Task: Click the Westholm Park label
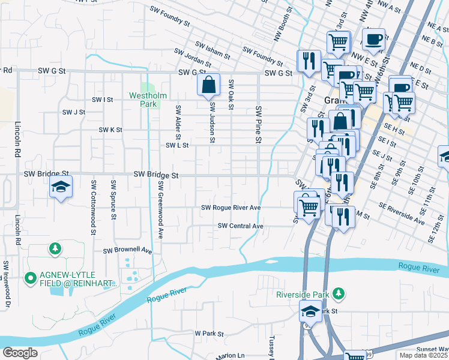tap(143, 100)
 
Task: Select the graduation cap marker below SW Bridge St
tap(60, 187)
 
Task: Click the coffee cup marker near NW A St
tap(373, 40)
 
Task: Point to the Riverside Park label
tap(303, 294)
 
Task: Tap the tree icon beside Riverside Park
tap(339, 293)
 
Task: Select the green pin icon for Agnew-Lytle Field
tap(30, 278)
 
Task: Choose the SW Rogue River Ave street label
tap(231, 208)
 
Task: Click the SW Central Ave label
tap(241, 226)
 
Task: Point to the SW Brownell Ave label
tap(128, 250)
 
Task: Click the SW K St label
tap(110, 130)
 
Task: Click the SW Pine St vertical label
tap(259, 125)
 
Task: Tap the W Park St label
tap(209, 333)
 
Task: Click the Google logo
tap(20, 353)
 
